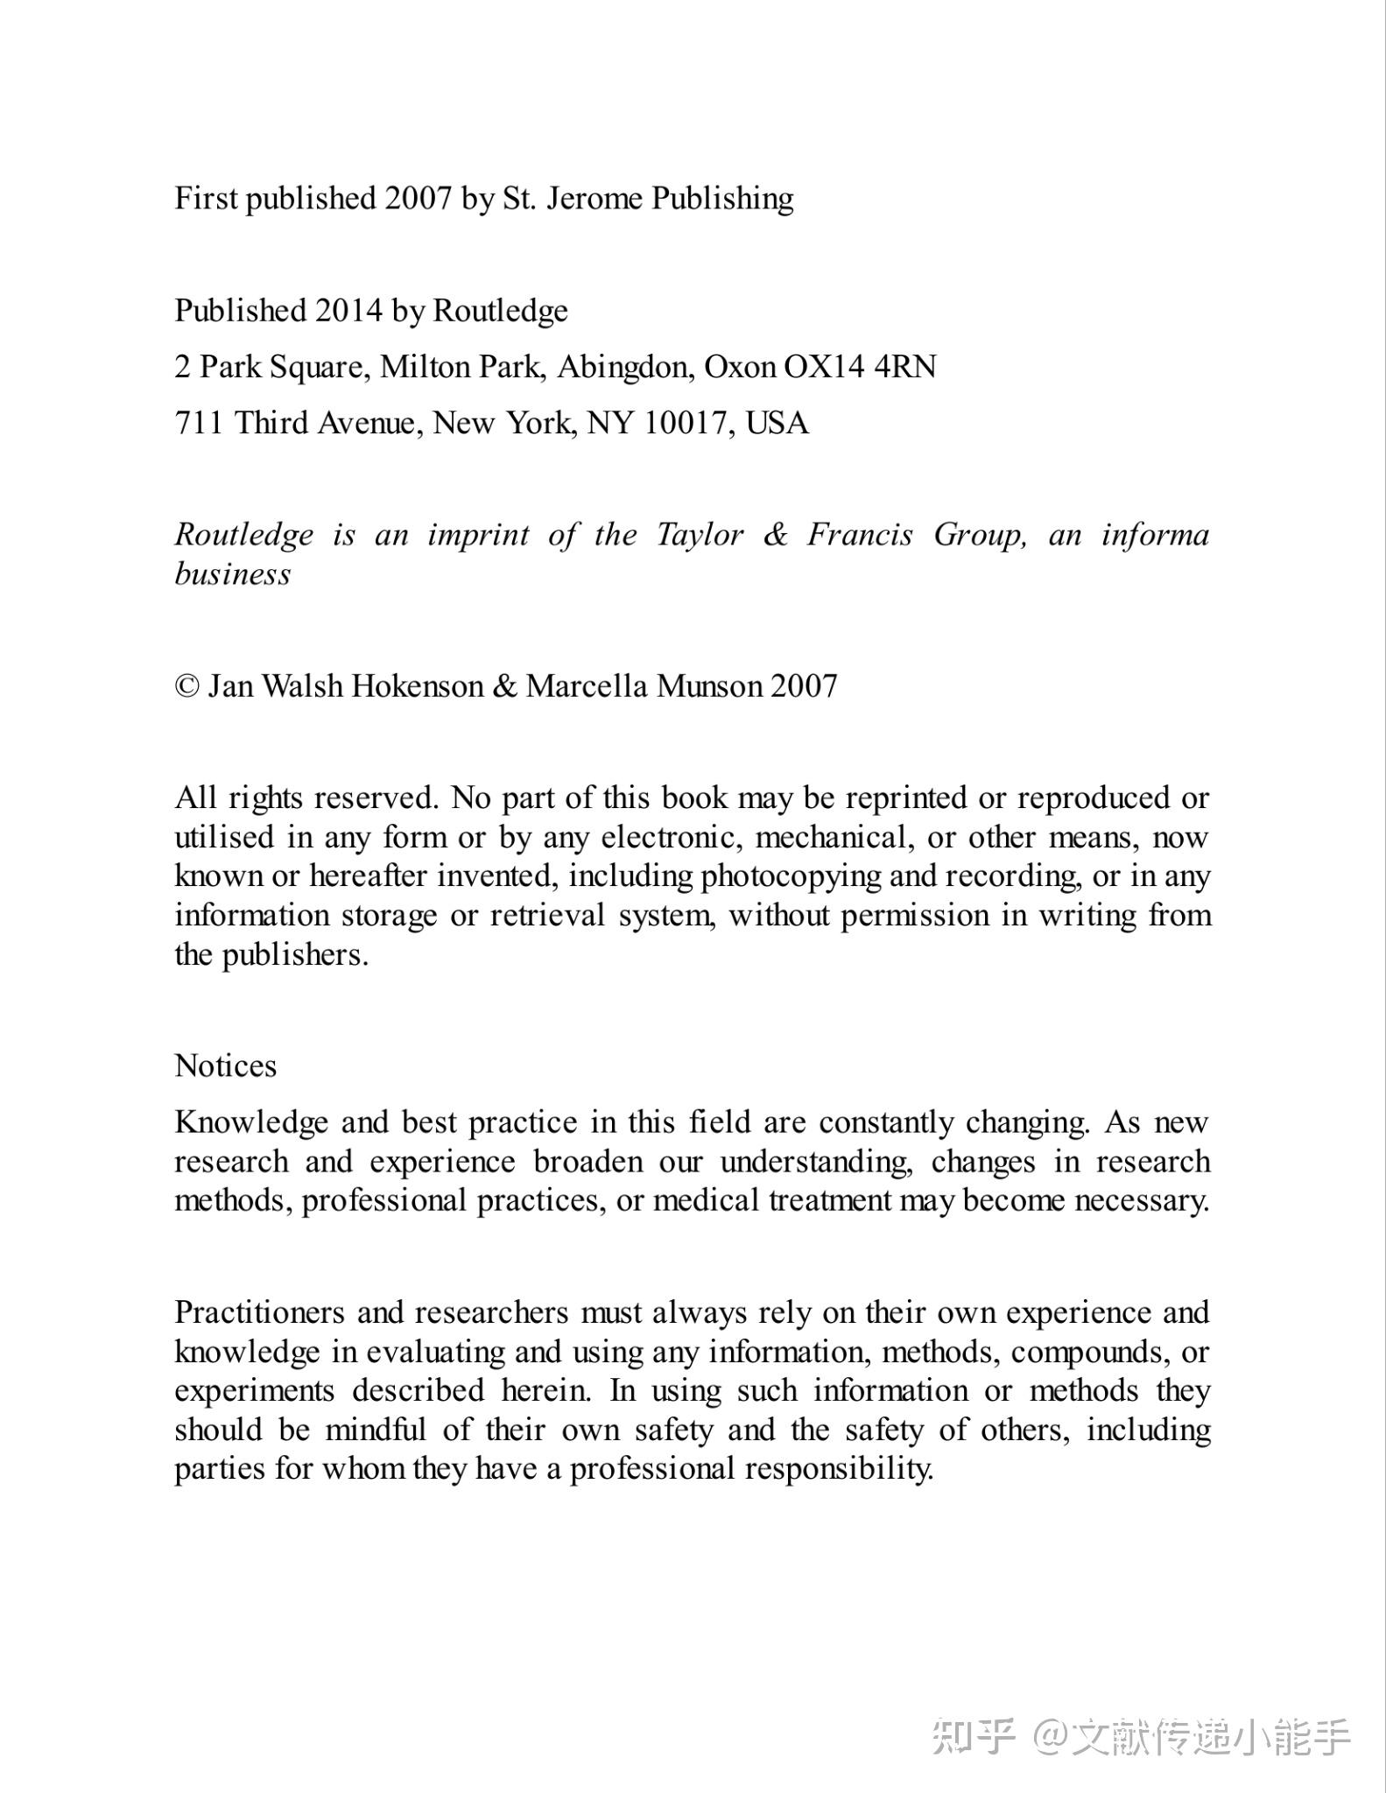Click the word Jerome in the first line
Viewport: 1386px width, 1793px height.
pos(595,199)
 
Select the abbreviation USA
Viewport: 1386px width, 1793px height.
pos(777,423)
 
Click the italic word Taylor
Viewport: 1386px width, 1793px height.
pos(700,535)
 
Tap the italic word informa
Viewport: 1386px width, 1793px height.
pos(1156,535)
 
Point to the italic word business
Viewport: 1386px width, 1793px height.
pos(232,574)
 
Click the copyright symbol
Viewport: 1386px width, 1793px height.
pos(186,686)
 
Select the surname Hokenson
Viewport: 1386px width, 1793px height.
pos(417,686)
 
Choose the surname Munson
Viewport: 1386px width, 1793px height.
pos(709,686)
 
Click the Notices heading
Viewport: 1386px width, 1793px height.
pos(225,1066)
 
